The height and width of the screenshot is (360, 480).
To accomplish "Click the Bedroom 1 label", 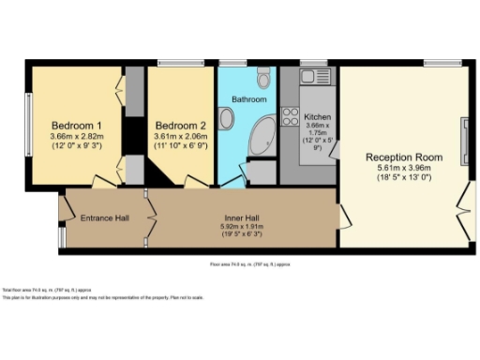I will tap(77, 125).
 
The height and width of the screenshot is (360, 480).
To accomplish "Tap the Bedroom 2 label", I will tap(180, 125).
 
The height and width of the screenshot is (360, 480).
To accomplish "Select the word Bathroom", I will tap(250, 98).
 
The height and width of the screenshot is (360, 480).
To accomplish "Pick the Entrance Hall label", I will tap(104, 218).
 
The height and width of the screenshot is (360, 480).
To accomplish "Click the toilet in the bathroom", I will tap(263, 75).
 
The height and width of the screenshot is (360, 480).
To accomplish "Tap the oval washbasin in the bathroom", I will tap(227, 118).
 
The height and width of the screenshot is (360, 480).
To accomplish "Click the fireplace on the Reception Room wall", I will tap(464, 142).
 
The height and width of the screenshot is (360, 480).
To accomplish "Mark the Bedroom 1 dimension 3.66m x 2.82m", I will tap(77, 137).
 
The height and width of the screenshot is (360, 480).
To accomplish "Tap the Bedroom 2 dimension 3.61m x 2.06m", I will tap(180, 137).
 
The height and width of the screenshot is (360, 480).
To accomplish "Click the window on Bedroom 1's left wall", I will tap(27, 125).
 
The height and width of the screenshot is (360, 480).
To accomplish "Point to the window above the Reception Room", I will tap(437, 64).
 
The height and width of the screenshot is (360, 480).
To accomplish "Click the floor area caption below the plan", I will tap(244, 264).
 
